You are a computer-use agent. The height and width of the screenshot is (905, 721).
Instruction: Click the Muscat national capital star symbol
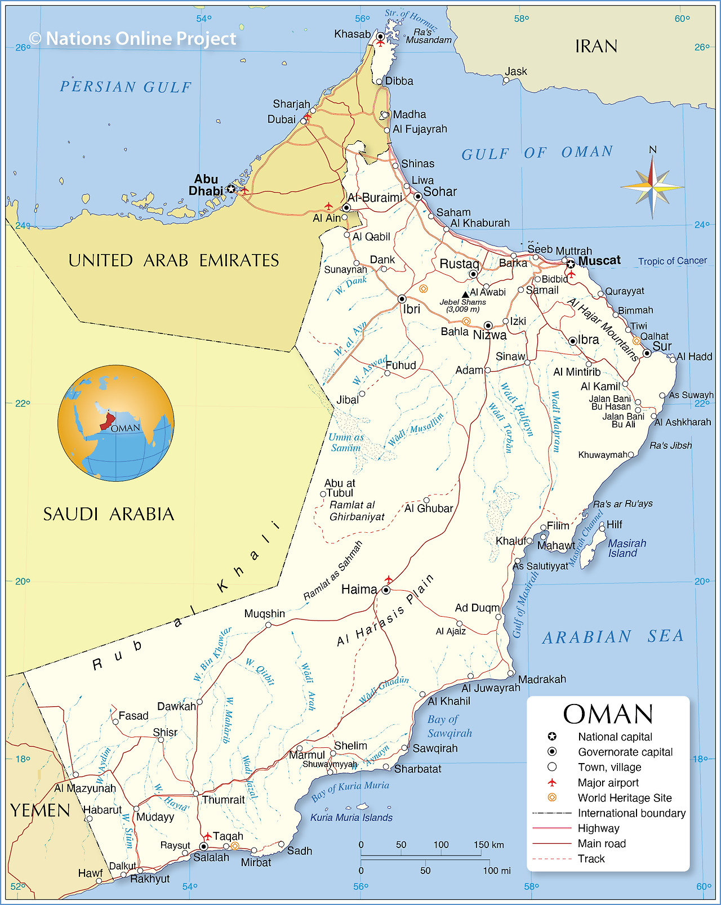pos(570,264)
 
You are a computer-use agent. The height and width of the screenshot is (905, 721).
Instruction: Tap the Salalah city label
pos(211,857)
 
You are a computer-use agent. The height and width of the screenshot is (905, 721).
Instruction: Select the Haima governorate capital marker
pos(386,590)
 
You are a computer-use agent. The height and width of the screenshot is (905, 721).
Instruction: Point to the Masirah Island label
pos(626,548)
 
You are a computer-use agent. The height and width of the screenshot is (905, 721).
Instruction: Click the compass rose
pos(652,186)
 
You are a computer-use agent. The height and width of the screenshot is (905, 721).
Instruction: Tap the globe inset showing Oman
pos(115,423)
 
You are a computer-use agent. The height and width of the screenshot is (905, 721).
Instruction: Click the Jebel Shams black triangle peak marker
pos(465,294)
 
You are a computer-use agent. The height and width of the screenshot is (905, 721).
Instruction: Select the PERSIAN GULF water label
pos(126,87)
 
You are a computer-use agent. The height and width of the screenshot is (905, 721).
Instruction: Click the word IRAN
pos(596,46)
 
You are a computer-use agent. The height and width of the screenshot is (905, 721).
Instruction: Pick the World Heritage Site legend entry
pos(624,797)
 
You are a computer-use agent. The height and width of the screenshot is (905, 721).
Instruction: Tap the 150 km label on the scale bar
pos(488,844)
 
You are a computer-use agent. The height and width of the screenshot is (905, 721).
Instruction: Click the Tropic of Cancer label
pos(672,261)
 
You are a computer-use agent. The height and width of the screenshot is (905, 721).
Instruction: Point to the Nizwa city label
pos(489,335)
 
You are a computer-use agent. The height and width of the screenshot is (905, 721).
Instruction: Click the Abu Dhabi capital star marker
pos(231,189)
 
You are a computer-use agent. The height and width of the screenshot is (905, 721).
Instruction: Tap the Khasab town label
pos(352,34)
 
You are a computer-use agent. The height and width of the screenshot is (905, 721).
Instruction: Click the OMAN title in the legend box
pos(608,714)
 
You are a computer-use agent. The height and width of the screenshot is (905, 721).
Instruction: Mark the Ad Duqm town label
pos(477,608)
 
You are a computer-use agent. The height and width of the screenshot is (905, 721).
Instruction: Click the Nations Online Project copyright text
pos(133,38)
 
